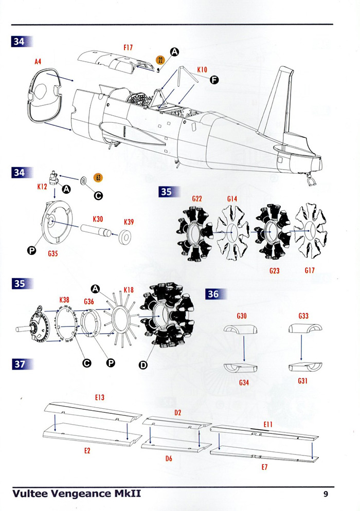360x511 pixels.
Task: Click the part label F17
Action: [x=128, y=48]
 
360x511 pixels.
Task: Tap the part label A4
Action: [x=38, y=61]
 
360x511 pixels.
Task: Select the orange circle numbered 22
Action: [x=160, y=60]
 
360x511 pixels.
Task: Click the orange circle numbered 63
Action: [x=98, y=177]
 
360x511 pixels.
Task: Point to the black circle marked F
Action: [x=214, y=80]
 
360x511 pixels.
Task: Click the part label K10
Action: [x=202, y=70]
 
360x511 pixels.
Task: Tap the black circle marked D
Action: [x=143, y=365]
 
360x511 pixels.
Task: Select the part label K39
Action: [x=129, y=222]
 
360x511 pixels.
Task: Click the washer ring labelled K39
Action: [x=124, y=238]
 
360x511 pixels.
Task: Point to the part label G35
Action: [x=53, y=253]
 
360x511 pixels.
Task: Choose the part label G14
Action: [x=232, y=199]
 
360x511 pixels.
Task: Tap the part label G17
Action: [x=310, y=270]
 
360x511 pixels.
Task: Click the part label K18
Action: [x=129, y=290]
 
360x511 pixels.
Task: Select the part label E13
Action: [x=100, y=397]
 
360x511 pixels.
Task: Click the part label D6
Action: [x=169, y=459]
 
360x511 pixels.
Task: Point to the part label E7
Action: [x=264, y=467]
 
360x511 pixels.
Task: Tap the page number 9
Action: [x=326, y=494]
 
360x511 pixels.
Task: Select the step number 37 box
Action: [x=20, y=364]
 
